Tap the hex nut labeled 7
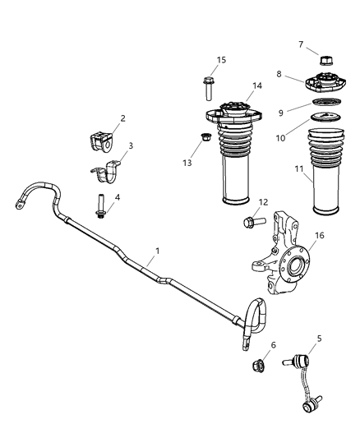pyautogui.click(x=322, y=61)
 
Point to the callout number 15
pyautogui.click(x=221, y=59)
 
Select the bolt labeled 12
pyautogui.click(x=249, y=220)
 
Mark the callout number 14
pyautogui.click(x=257, y=85)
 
